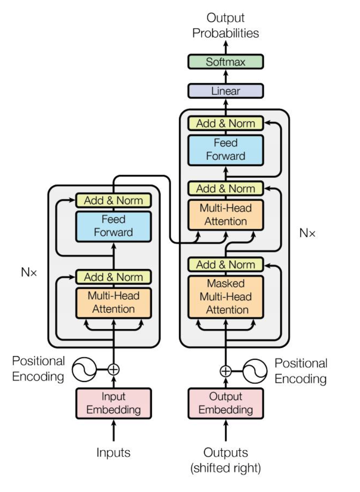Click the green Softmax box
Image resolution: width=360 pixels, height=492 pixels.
tap(226, 62)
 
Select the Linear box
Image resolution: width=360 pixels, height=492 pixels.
tap(226, 91)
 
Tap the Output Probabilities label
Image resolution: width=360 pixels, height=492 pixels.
tap(226, 26)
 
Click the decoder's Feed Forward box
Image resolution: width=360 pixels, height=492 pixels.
tap(226, 149)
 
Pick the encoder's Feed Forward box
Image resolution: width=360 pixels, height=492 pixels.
tap(113, 226)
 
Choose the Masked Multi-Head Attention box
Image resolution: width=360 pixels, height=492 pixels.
tap(226, 296)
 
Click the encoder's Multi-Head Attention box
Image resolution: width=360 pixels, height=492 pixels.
tap(113, 302)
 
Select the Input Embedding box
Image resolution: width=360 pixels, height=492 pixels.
tap(113, 403)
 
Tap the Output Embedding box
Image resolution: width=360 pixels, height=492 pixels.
tap(226, 403)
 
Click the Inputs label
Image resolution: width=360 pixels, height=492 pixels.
tap(113, 452)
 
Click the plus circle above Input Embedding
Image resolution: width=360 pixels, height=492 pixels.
tap(113, 369)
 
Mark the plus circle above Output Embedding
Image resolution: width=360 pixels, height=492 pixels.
tap(226, 370)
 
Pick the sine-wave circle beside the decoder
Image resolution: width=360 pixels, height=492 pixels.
tap(255, 371)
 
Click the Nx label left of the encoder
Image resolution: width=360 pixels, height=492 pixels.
tap(29, 272)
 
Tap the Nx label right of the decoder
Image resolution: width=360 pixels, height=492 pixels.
tap(308, 233)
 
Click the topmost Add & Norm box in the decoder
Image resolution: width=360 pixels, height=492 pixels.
tap(226, 123)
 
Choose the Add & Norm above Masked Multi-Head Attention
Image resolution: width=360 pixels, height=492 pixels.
tap(226, 264)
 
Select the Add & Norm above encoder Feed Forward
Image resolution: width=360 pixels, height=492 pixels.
tap(113, 200)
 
